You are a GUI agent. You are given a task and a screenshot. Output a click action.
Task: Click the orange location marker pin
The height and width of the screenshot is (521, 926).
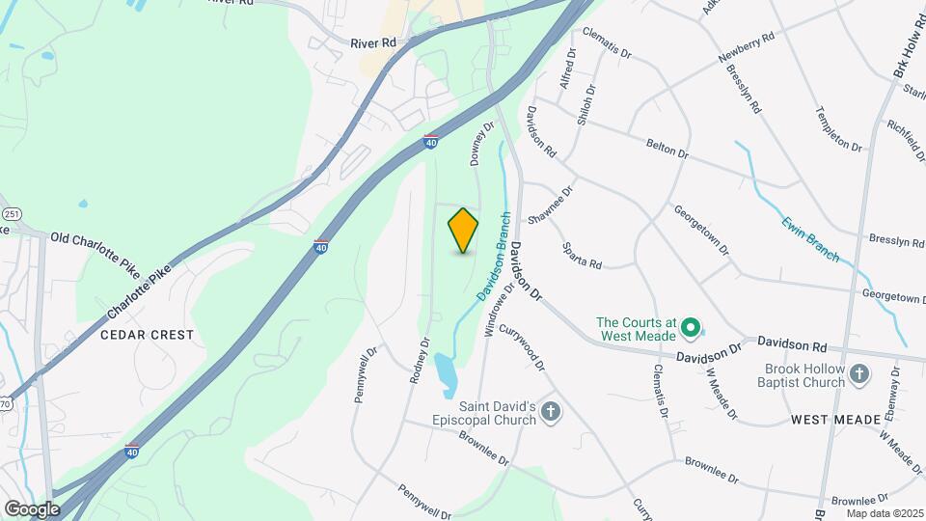coord(464,231)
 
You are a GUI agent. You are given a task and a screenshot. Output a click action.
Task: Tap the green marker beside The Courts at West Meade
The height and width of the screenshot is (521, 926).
coord(690,329)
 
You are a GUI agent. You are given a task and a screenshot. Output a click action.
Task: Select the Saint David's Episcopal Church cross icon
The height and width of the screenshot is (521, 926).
coord(551,413)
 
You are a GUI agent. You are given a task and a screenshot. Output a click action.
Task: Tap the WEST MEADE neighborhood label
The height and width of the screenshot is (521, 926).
coord(836,420)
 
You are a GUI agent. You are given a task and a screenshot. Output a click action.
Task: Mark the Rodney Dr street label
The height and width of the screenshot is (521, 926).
coord(419,360)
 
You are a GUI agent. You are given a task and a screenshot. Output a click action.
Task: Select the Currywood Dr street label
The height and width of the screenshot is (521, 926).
coord(529,351)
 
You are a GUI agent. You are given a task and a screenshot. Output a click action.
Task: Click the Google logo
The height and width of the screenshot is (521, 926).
coord(32,508)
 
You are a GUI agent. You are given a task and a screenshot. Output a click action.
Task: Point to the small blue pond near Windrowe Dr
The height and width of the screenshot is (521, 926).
coord(445,374)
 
